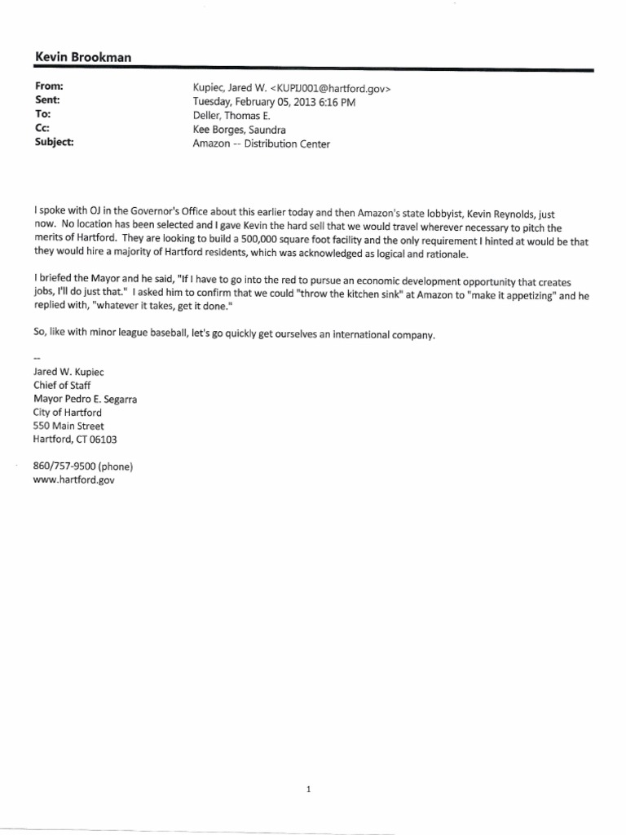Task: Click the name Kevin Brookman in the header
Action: (x=83, y=56)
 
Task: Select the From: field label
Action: (x=50, y=86)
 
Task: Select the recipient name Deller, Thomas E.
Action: (x=231, y=115)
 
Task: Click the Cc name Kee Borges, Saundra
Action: (x=239, y=129)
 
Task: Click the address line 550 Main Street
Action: (x=68, y=426)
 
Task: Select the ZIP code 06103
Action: (x=102, y=440)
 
